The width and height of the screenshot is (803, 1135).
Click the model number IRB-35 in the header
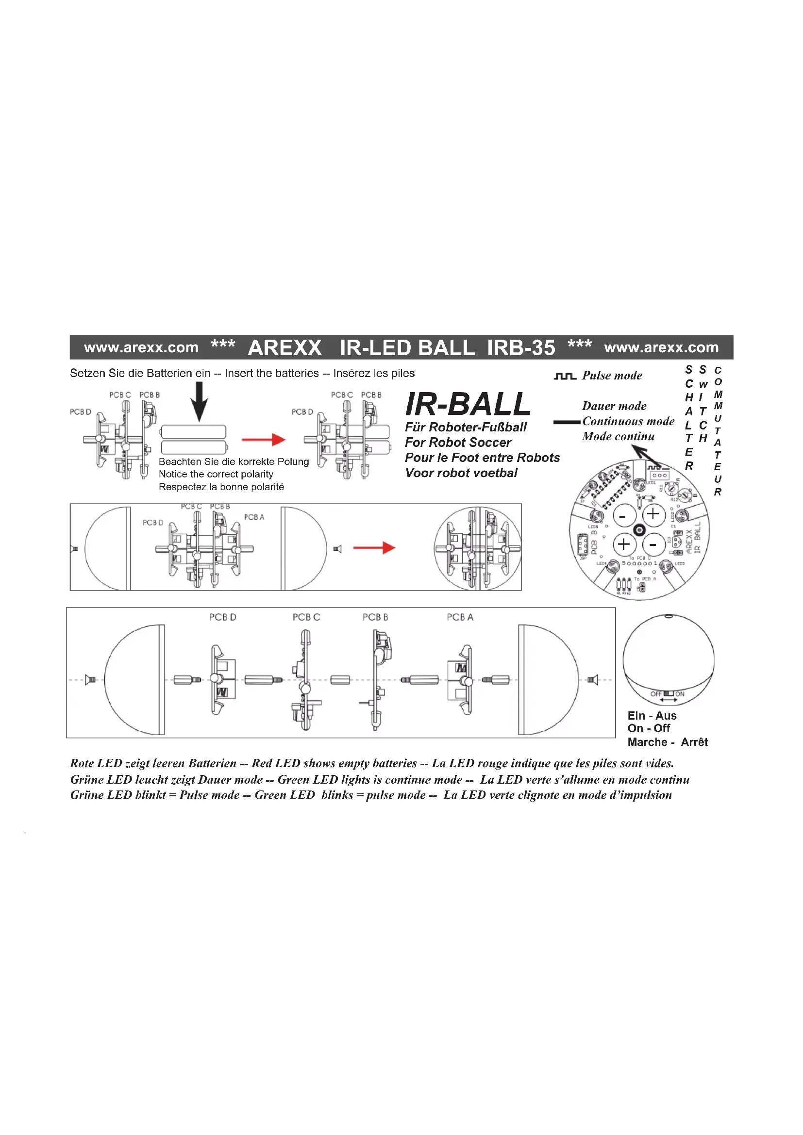click(520, 347)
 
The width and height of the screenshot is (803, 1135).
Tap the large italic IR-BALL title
click(467, 404)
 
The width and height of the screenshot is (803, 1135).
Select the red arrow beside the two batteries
click(264, 440)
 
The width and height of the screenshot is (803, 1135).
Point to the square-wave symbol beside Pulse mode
click(565, 377)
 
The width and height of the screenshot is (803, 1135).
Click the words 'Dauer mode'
click(614, 406)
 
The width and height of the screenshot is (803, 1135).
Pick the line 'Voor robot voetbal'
click(461, 473)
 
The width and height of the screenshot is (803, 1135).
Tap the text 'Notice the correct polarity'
click(216, 474)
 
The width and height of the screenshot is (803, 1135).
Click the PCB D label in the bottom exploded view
click(222, 617)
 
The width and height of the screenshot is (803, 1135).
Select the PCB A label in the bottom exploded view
click(460, 617)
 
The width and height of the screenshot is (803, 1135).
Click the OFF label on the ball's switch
click(655, 694)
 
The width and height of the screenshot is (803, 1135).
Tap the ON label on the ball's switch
click(680, 694)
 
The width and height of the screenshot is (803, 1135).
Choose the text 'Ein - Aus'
click(652, 716)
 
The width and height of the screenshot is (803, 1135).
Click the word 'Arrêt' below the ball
click(694, 742)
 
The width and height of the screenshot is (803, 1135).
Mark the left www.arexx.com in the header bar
click(141, 347)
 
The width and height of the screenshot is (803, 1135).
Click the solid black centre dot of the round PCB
click(639, 530)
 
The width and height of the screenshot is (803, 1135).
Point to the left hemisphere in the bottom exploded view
click(134, 680)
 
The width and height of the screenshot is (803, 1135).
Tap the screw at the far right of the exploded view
click(593, 680)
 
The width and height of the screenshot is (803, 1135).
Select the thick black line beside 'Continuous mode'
click(567, 422)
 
